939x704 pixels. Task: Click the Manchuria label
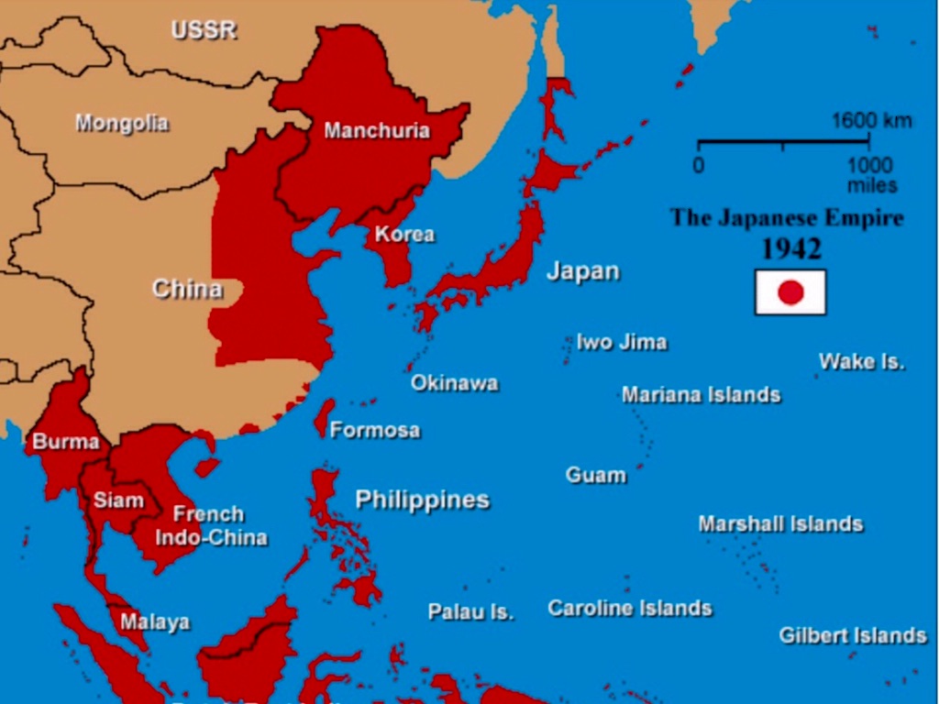377,131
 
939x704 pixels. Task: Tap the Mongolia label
122,123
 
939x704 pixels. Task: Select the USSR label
204,30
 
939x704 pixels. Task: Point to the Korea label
404,234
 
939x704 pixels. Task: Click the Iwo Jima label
622,343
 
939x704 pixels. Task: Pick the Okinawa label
454,383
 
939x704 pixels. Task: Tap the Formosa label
375,430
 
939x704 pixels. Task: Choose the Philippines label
423,500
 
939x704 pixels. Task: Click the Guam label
596,475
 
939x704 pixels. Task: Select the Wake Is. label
861,361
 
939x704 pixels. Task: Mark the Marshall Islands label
780,524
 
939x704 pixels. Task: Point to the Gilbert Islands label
853,635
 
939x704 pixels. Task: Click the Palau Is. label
470,611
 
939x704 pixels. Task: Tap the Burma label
66,442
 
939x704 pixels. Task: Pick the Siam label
118,500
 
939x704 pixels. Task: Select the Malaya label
155,622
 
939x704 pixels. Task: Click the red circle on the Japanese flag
790,292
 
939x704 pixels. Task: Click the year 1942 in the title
790,249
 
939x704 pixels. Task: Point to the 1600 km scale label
871,121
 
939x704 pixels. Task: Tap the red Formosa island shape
324,417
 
